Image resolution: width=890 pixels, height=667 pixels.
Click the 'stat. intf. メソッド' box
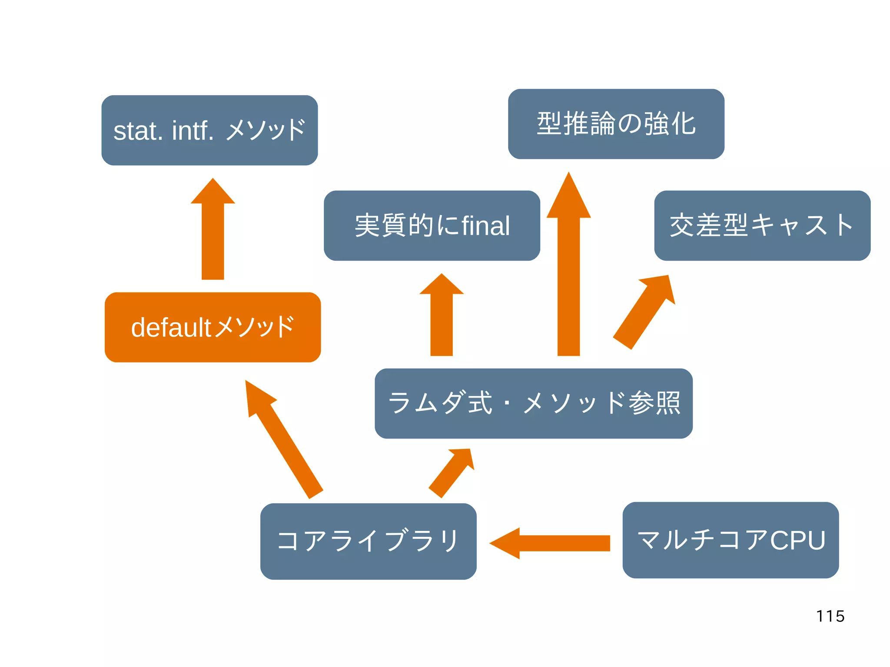pyautogui.click(x=209, y=130)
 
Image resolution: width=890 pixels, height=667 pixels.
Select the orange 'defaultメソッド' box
pyautogui.click(x=213, y=327)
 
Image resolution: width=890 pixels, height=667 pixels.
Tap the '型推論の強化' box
pyautogui.click(x=616, y=124)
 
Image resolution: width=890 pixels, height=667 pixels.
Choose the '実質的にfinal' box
pyautogui.click(x=432, y=226)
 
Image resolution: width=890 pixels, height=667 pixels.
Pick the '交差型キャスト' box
pyautogui.click(x=762, y=226)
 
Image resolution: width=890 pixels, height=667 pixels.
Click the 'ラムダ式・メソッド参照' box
pyautogui.click(x=533, y=403)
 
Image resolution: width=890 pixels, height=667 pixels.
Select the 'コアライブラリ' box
pyautogui.click(x=368, y=541)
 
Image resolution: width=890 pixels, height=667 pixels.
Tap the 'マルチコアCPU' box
pyautogui.click(x=730, y=540)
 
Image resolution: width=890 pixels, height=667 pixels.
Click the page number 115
pyautogui.click(x=830, y=616)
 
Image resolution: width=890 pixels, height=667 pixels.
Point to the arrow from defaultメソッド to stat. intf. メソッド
pyautogui.click(x=213, y=235)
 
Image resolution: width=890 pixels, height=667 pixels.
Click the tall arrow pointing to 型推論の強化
pyautogui.click(x=568, y=269)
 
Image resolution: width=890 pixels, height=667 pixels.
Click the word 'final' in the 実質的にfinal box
pyautogui.click(x=485, y=226)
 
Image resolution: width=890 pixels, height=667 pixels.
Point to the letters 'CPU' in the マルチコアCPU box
pyautogui.click(x=797, y=540)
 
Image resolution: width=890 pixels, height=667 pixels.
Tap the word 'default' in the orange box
pyautogui.click(x=171, y=327)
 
